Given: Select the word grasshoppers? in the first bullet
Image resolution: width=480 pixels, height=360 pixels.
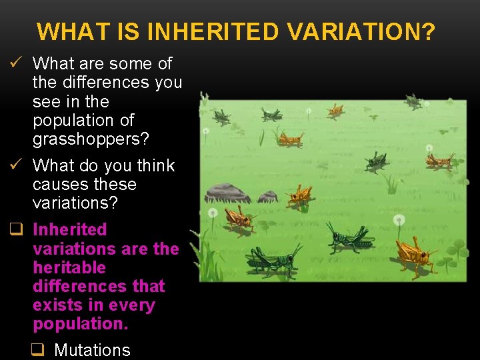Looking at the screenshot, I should click(91, 139).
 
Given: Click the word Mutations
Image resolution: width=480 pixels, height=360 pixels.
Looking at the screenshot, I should click(92, 349).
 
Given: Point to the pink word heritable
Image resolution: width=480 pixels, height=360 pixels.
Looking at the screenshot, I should click(69, 267).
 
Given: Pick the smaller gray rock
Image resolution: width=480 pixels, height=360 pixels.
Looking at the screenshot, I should click(268, 196).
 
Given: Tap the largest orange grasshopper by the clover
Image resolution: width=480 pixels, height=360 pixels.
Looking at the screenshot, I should click(414, 255).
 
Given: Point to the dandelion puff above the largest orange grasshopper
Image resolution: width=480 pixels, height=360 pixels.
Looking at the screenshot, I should click(399, 219).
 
